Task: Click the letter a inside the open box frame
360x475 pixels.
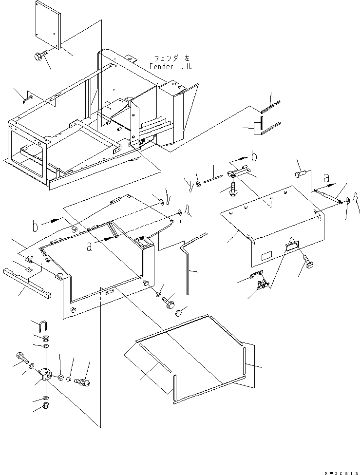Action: click(89, 247)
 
